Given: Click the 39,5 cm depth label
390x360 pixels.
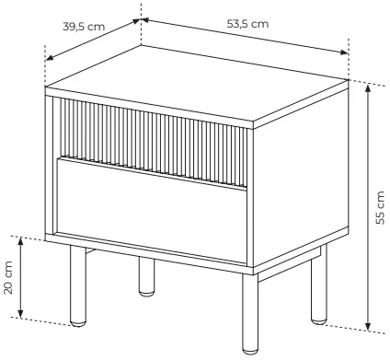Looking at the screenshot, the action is pyautogui.click(x=84, y=27).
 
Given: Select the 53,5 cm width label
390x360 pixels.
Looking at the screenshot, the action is pyautogui.click(x=247, y=24).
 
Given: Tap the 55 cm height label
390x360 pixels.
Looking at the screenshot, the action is pyautogui.click(x=380, y=208).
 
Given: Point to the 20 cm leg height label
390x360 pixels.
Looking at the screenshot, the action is pyautogui.click(x=8, y=278).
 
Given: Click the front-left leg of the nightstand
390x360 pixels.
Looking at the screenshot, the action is pyautogui.click(x=78, y=285).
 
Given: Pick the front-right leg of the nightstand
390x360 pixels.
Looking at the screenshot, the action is pyautogui.click(x=250, y=314).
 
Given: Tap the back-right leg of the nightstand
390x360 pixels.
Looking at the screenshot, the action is pyautogui.click(x=319, y=285).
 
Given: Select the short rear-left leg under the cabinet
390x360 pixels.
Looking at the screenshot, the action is pyautogui.click(x=146, y=277).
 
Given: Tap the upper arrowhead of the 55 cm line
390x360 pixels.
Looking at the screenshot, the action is pyautogui.click(x=368, y=88).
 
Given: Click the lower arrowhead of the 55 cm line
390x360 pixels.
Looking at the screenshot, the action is pyautogui.click(x=368, y=325).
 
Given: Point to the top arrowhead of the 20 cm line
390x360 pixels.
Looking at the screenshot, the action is pyautogui.click(x=20, y=242).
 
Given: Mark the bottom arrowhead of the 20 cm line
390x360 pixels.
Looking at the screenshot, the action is pyautogui.click(x=20, y=313).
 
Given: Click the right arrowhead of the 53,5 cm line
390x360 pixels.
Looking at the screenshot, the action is pyautogui.click(x=344, y=52).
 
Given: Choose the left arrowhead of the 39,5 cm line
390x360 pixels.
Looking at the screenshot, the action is pyautogui.click(x=50, y=57).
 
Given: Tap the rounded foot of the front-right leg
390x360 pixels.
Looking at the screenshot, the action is pyautogui.click(x=250, y=351).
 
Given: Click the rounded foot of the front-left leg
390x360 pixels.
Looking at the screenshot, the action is pyautogui.click(x=78, y=322).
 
